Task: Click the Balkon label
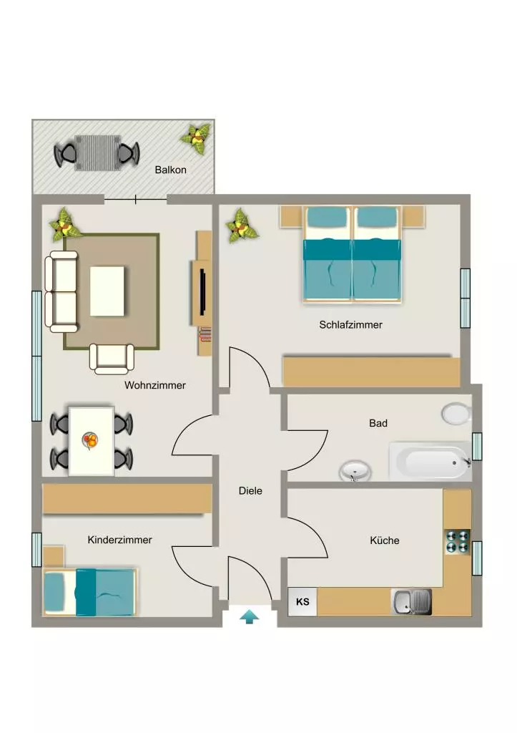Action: pyautogui.click(x=170, y=170)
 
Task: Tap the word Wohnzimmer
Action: pyautogui.click(x=155, y=385)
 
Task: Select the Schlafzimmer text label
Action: pyautogui.click(x=350, y=324)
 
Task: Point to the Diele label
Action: pyautogui.click(x=250, y=491)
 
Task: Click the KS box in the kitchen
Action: pyautogui.click(x=302, y=601)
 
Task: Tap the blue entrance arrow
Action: pyautogui.click(x=250, y=616)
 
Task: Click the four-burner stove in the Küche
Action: pyautogui.click(x=457, y=541)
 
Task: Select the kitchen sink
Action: pyautogui.click(x=411, y=601)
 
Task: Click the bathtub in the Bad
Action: pyautogui.click(x=430, y=462)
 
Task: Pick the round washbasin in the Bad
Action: pyautogui.click(x=355, y=470)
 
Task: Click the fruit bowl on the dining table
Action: pyautogui.click(x=89, y=440)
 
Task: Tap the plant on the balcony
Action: pyautogui.click(x=196, y=138)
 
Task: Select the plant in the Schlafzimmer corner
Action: pyautogui.click(x=242, y=226)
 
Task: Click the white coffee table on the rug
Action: pyautogui.click(x=107, y=291)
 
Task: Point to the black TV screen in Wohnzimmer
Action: pyautogui.click(x=203, y=292)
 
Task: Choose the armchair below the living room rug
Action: pyautogui.click(x=112, y=359)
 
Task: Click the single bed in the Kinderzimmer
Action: pyautogui.click(x=89, y=592)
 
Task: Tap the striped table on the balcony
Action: pyautogui.click(x=98, y=153)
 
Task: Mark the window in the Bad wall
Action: pyautogui.click(x=477, y=447)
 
